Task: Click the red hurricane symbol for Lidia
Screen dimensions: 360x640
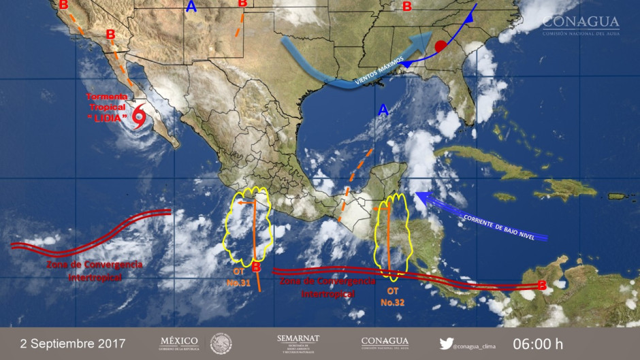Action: click(x=139, y=116)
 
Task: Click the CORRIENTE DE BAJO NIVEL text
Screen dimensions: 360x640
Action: click(x=503, y=227)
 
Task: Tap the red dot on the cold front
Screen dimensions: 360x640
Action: click(x=440, y=46)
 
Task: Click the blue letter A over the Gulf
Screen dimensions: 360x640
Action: click(x=383, y=110)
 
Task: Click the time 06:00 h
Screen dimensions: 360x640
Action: click(x=539, y=342)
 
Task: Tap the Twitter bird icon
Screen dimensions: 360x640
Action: click(x=446, y=343)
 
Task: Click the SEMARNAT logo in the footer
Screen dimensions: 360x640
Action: click(x=298, y=342)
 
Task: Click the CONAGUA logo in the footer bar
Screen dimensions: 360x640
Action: click(x=385, y=342)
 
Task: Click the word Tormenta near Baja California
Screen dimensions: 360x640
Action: click(x=108, y=97)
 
